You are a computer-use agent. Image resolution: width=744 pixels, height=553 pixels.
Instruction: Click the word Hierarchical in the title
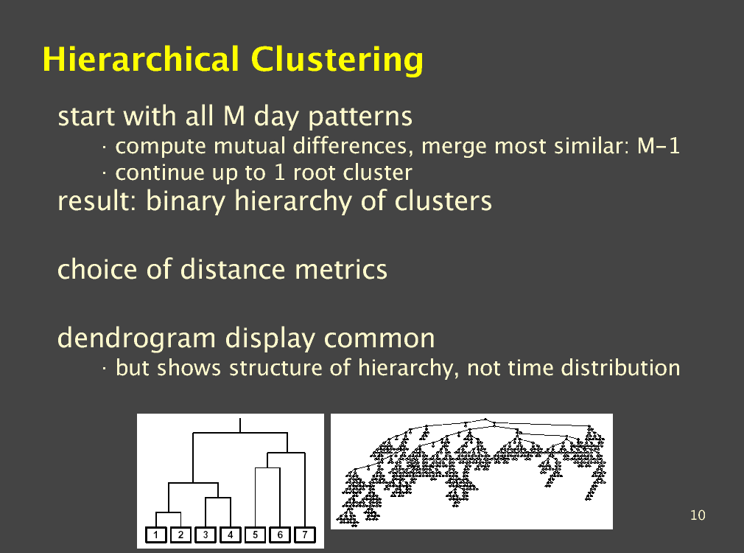click(x=141, y=60)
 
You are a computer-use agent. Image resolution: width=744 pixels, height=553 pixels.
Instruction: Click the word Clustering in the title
click(x=337, y=60)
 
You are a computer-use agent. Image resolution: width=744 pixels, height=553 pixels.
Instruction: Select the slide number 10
click(x=698, y=515)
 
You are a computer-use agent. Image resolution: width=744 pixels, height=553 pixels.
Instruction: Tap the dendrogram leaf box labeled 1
click(x=155, y=535)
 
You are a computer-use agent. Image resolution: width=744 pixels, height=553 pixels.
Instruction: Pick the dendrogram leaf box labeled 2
click(x=180, y=535)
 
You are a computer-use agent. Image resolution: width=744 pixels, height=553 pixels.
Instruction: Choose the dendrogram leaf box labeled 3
click(x=206, y=535)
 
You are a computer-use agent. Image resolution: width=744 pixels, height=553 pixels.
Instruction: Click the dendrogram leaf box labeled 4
click(x=230, y=535)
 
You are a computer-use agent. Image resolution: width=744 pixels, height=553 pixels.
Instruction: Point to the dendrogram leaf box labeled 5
click(x=256, y=535)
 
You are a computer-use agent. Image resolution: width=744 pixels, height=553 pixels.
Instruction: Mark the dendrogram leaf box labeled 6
click(x=280, y=535)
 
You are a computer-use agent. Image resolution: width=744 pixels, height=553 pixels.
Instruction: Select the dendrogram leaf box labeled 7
click(x=305, y=535)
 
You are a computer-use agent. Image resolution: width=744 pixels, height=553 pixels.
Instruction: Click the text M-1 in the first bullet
click(x=658, y=146)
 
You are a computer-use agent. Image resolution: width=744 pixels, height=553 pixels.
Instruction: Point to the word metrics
click(x=340, y=269)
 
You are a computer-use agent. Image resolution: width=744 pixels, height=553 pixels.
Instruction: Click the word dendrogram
click(x=137, y=339)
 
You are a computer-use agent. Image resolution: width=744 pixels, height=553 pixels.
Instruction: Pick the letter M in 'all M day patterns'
click(x=234, y=116)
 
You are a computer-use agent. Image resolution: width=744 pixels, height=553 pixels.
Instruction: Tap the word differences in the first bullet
click(x=350, y=146)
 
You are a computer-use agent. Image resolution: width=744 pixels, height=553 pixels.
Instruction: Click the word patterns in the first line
click(x=360, y=117)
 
